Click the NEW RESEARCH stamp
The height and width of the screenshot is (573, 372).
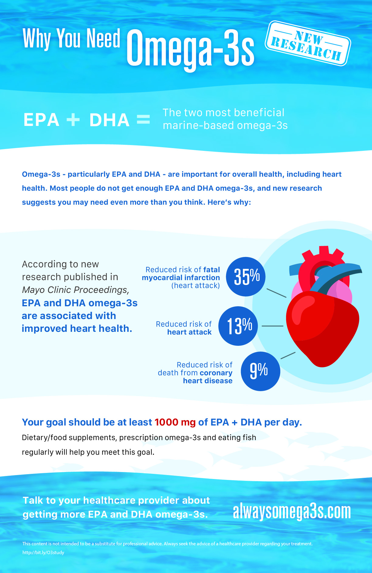[308, 43]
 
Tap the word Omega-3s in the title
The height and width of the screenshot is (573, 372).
[191, 48]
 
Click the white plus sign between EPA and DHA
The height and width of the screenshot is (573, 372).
[73, 120]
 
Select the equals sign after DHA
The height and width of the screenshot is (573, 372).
[143, 119]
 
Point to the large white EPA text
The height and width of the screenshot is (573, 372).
[41, 120]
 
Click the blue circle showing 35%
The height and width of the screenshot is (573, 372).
[246, 276]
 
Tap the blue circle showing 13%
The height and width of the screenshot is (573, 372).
[238, 326]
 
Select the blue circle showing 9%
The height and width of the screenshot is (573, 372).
[260, 371]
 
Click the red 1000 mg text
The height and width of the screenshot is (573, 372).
[175, 422]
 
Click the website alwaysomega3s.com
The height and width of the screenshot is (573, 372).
[292, 512]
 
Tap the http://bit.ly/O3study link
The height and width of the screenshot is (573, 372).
[43, 552]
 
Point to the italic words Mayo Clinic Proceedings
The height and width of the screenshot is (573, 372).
[75, 290]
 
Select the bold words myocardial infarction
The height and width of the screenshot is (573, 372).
[181, 278]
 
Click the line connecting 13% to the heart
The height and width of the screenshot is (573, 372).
[272, 326]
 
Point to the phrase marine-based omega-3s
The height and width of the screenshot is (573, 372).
[225, 125]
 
